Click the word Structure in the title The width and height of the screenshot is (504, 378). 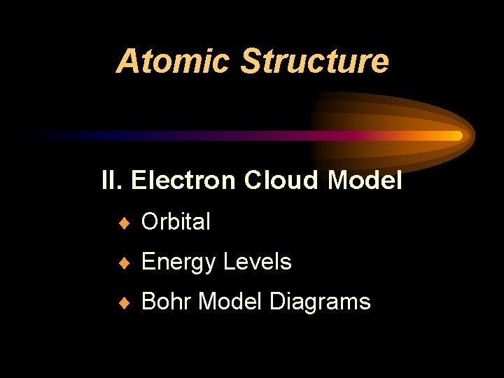click(x=314, y=61)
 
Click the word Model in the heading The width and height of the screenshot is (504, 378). click(x=364, y=181)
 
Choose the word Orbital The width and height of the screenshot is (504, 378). click(x=176, y=222)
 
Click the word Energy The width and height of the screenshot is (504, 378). click(x=178, y=262)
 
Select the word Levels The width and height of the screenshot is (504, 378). click(x=257, y=262)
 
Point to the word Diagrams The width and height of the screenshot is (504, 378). click(x=320, y=302)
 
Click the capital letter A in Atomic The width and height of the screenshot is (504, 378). click(x=127, y=62)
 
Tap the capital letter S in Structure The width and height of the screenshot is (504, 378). click(x=250, y=62)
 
